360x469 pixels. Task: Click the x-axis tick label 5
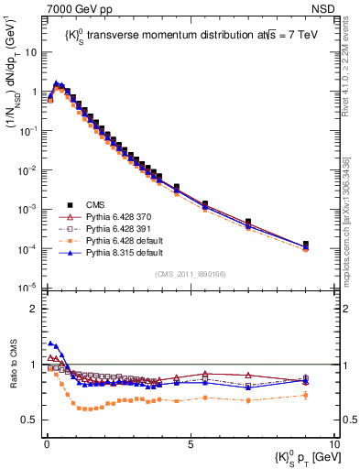click(x=189, y=446)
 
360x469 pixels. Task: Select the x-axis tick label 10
click(x=333, y=446)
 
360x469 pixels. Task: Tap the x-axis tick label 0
click(x=45, y=446)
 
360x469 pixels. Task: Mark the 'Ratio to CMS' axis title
click(x=11, y=376)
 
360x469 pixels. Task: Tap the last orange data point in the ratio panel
click(x=306, y=395)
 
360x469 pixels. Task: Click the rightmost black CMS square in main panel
click(x=306, y=245)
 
